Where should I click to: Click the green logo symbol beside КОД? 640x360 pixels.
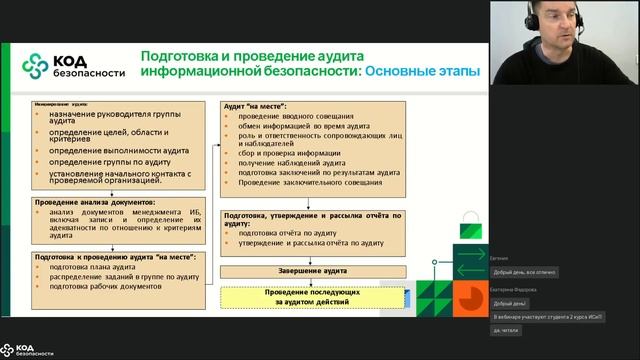[36, 64]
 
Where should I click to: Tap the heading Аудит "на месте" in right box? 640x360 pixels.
[255, 106]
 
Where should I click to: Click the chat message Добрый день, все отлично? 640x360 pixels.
[525, 272]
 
